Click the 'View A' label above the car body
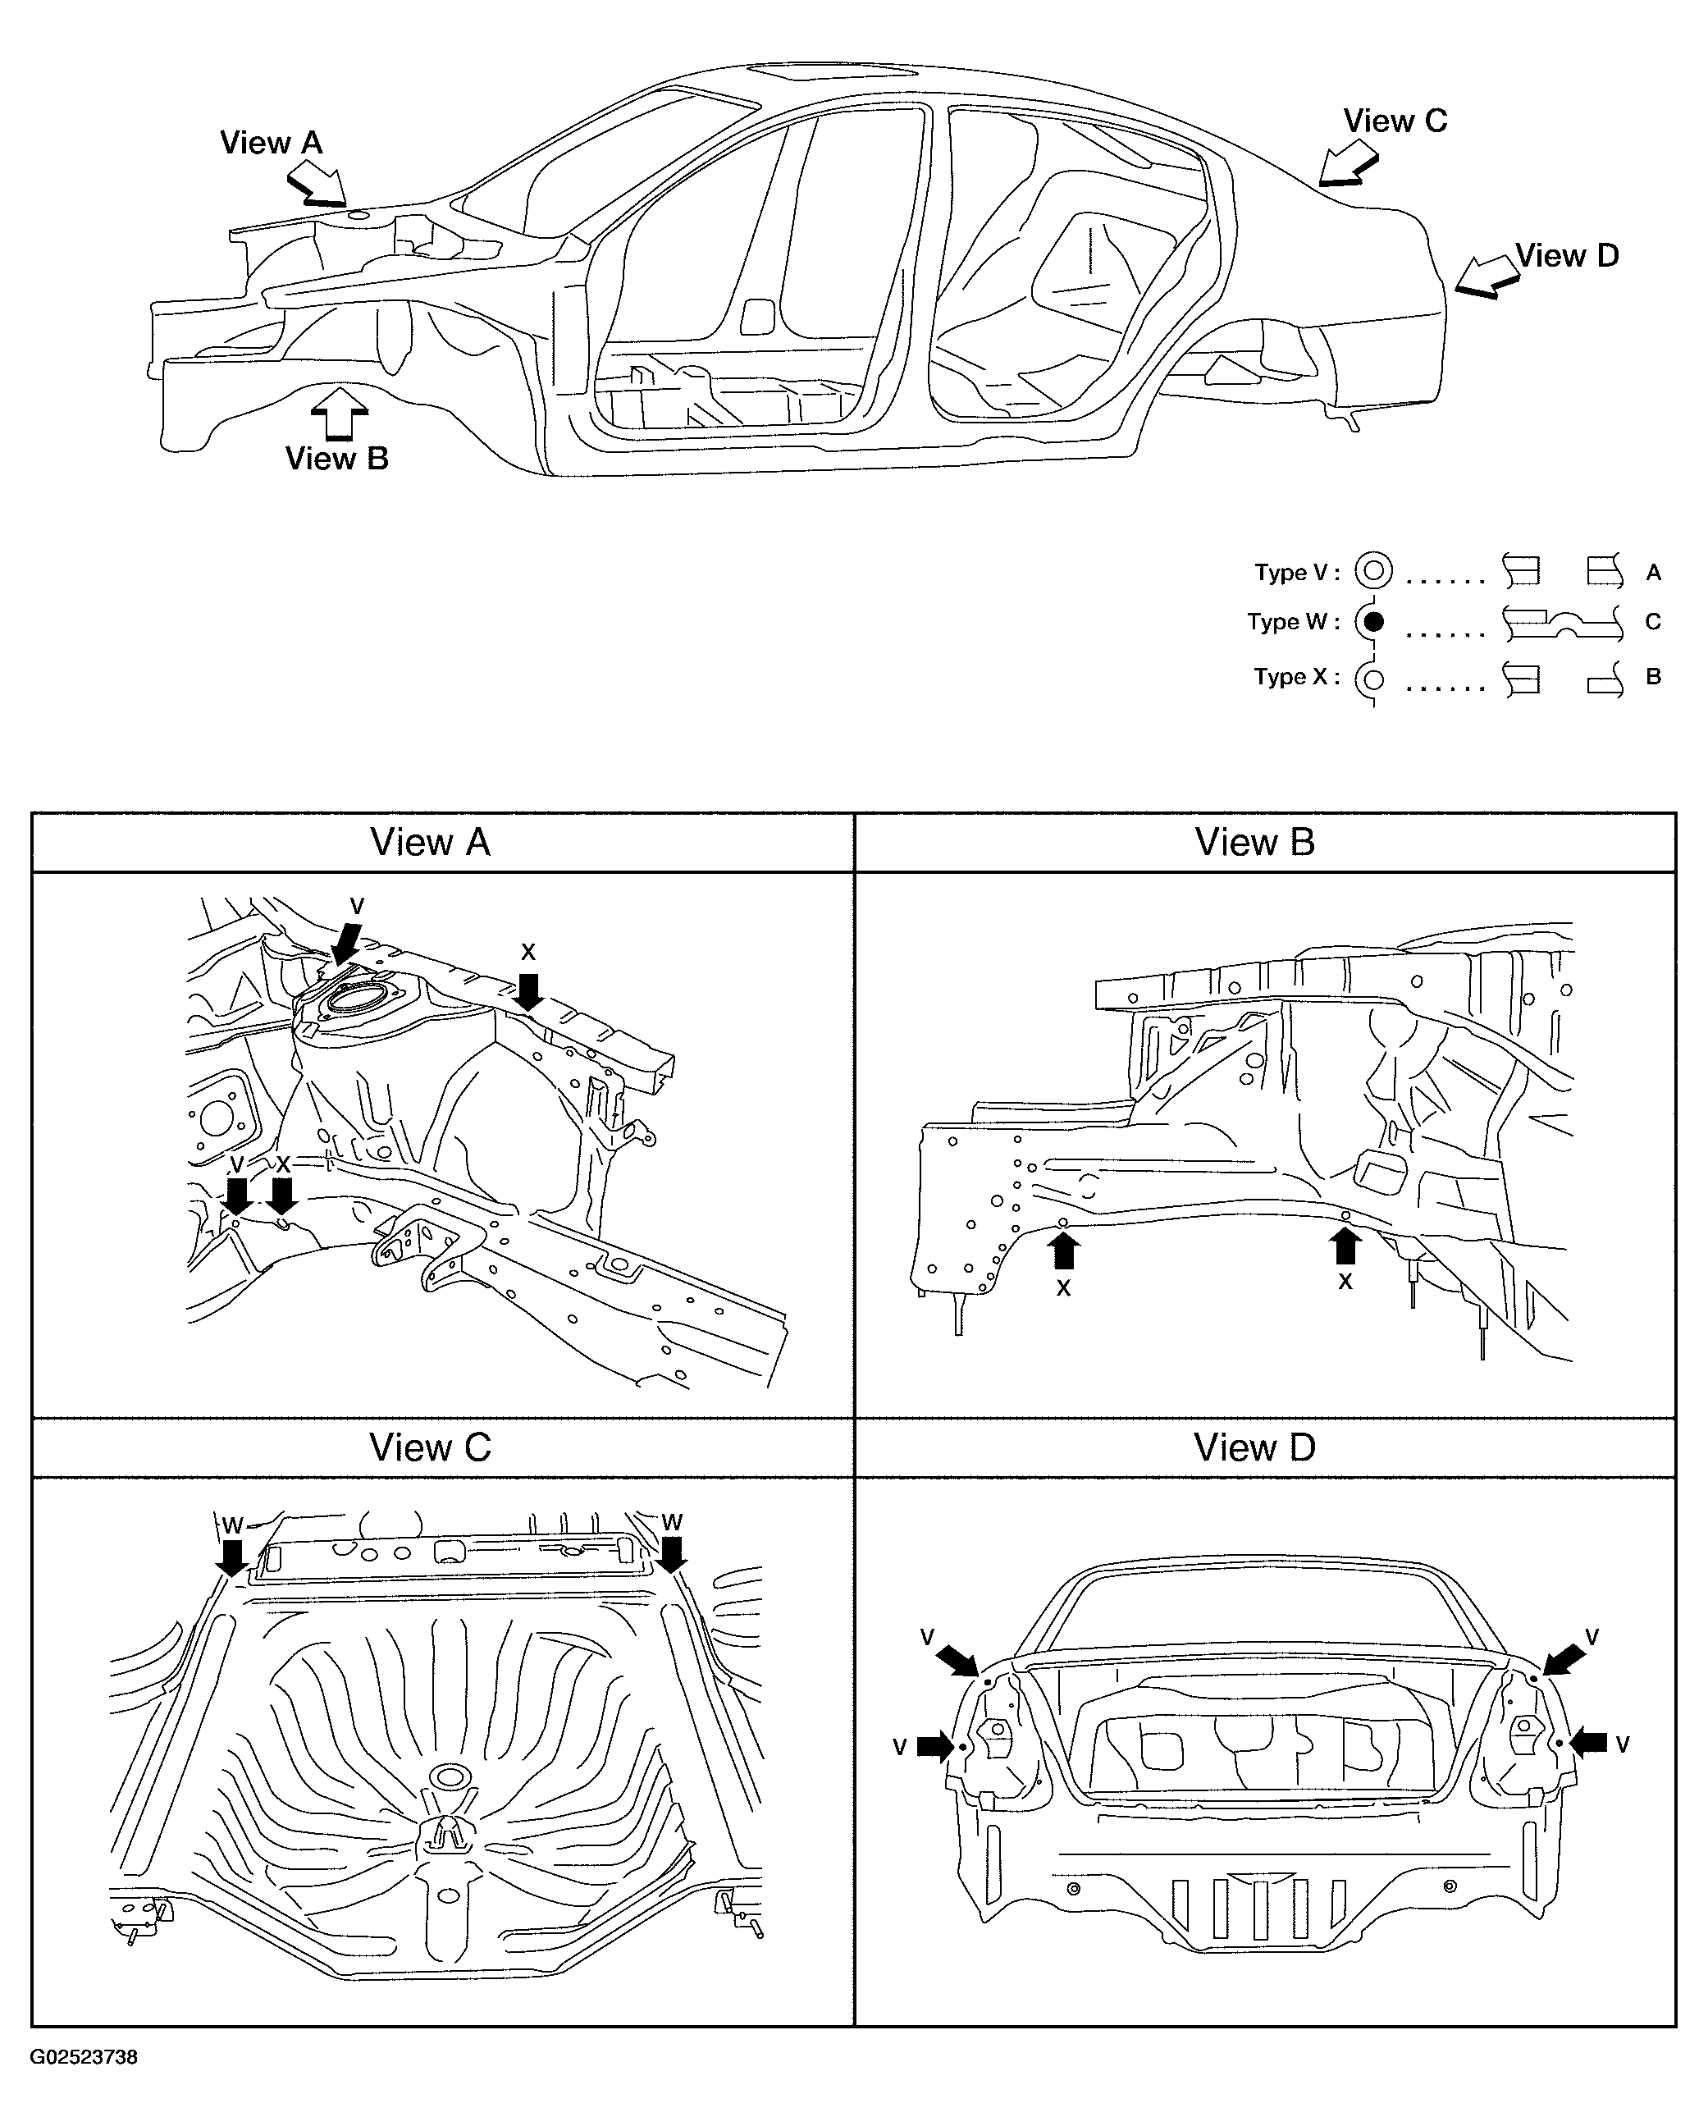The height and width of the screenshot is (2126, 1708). point(272,143)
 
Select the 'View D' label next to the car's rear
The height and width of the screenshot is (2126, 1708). point(1567,255)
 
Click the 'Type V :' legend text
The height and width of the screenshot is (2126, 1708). point(1297,573)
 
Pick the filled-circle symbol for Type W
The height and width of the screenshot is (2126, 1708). point(1372,622)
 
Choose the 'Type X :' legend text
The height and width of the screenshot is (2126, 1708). point(1297,678)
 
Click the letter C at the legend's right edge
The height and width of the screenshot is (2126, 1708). point(1654,622)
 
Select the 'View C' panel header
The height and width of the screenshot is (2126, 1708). point(430,1448)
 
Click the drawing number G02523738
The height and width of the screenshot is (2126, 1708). point(84,2058)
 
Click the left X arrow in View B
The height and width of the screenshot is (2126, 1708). point(1063,1251)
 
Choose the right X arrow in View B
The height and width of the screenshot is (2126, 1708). point(1345,1246)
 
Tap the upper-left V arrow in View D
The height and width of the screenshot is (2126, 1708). point(958,1660)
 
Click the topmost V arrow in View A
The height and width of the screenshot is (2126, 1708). point(346,944)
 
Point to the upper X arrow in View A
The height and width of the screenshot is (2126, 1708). point(528,992)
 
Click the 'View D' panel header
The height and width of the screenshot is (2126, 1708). point(1254,1448)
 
